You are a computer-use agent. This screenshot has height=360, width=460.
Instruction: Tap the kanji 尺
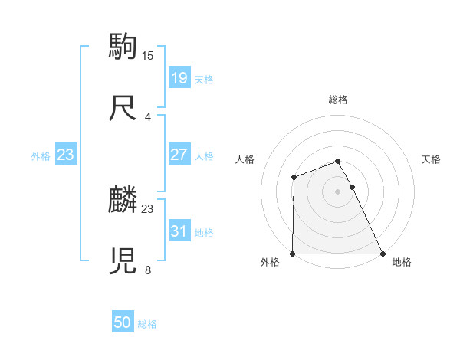point(123,107)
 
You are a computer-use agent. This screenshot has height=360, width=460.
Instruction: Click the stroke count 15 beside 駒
point(149,55)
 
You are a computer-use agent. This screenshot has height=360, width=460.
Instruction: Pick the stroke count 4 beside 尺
point(148,117)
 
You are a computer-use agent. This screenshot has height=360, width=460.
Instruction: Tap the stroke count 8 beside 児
point(148,270)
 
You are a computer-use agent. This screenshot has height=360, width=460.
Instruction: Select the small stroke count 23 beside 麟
point(148,208)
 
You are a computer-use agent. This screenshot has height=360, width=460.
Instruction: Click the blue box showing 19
point(179,78)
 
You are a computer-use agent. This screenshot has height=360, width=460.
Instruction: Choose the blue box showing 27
point(179,155)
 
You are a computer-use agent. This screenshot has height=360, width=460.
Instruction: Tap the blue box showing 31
point(179,231)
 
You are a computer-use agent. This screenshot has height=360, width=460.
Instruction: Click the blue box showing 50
point(123,322)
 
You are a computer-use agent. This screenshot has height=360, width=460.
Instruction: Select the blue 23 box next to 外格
point(66,155)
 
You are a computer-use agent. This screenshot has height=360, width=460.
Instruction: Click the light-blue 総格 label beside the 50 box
point(147,324)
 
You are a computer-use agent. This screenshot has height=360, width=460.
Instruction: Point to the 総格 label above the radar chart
point(338,100)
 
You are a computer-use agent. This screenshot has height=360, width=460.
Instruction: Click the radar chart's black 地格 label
point(402,263)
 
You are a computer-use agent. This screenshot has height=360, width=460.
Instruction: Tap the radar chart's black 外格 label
point(270,263)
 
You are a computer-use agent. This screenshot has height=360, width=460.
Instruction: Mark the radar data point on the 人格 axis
point(294,178)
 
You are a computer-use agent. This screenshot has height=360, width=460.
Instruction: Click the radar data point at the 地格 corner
point(383,254)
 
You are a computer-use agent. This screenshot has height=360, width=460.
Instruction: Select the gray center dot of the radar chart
point(338,191)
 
